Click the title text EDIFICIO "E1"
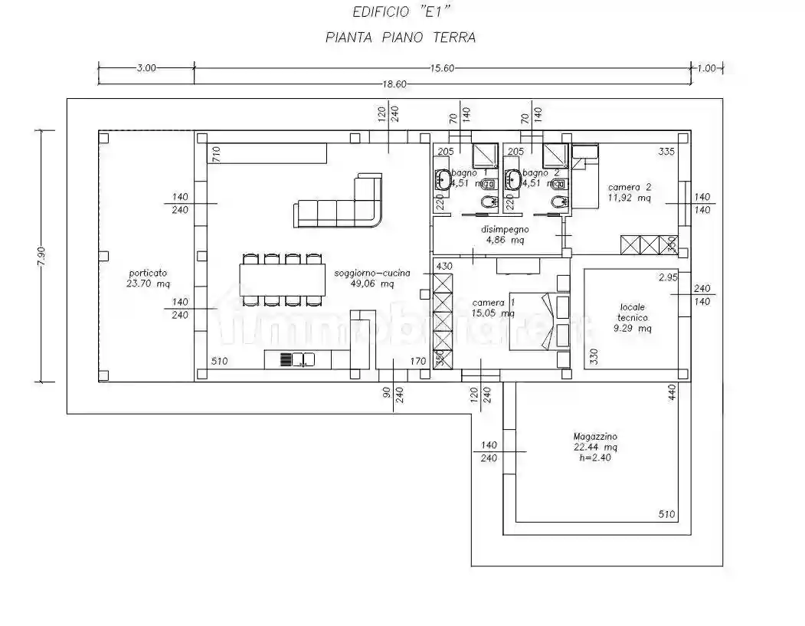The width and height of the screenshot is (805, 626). pyautogui.click(x=400, y=12)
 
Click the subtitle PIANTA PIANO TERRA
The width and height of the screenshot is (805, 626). pyautogui.click(x=400, y=38)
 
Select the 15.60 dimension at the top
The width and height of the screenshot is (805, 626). pyautogui.click(x=442, y=68)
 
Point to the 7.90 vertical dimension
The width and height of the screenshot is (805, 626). pyautogui.click(x=41, y=256)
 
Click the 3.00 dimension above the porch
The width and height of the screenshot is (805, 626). pyautogui.click(x=146, y=68)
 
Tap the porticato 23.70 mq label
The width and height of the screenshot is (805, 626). pyautogui.click(x=149, y=277)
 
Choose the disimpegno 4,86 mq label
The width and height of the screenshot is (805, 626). pyautogui.click(x=505, y=234)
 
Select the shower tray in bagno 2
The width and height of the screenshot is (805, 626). pyautogui.click(x=555, y=156)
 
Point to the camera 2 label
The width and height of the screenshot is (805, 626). pyautogui.click(x=630, y=192)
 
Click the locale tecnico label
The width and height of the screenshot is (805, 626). pyautogui.click(x=633, y=317)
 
